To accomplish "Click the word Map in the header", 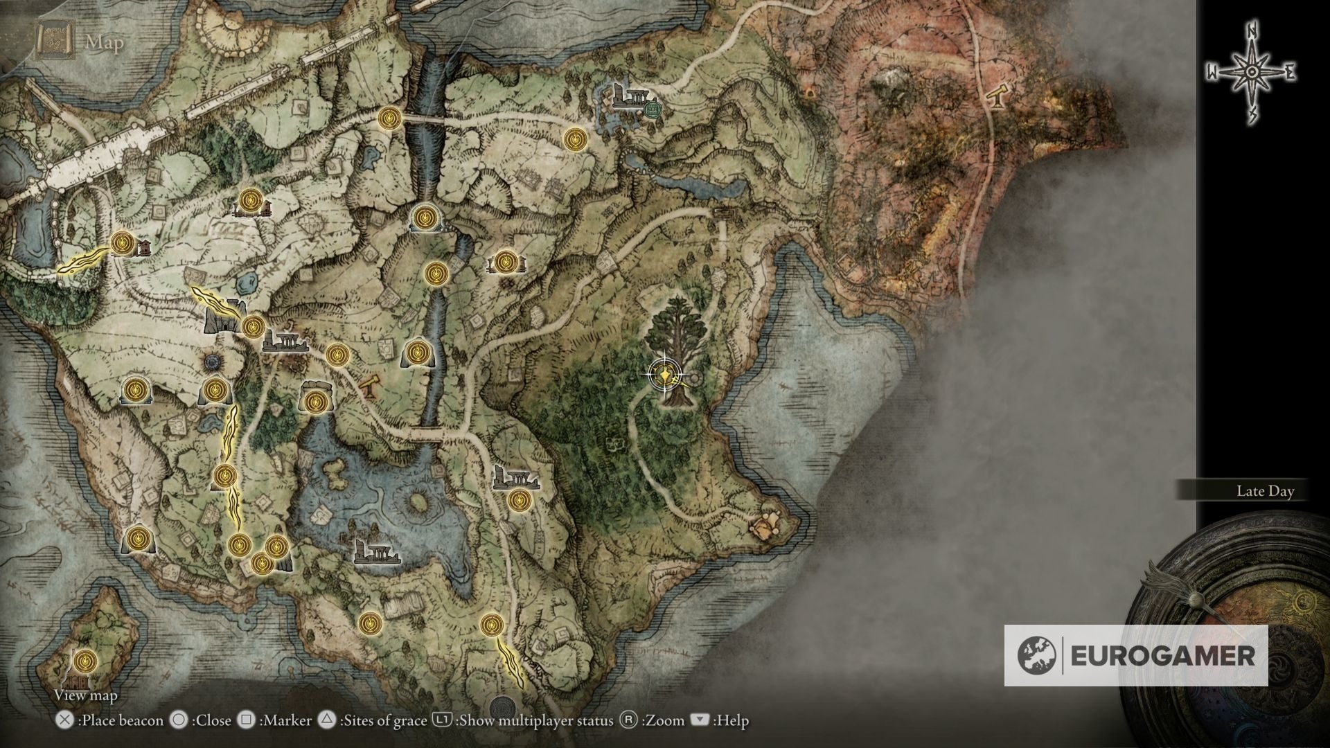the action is (105, 42).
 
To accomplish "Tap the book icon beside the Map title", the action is (53, 41).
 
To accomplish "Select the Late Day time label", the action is (1265, 491).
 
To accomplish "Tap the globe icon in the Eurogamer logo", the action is (1037, 655).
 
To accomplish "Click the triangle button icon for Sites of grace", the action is (326, 720).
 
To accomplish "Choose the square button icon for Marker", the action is (246, 720).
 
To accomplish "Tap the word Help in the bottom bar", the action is (732, 720).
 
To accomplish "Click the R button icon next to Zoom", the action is (628, 720).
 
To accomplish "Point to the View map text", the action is (86, 695).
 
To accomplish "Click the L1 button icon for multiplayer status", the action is (442, 720).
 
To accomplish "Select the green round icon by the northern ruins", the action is (650, 109).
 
